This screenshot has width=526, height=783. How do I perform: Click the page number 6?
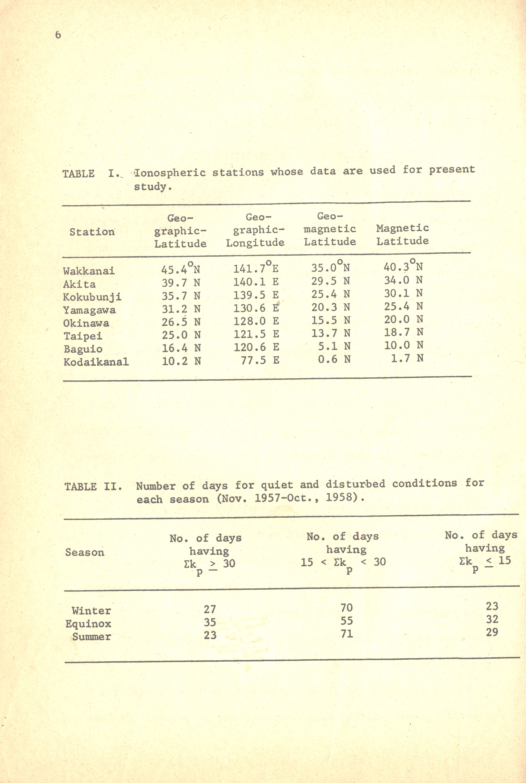[x=58, y=35]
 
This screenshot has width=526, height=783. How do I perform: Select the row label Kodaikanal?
[x=96, y=362]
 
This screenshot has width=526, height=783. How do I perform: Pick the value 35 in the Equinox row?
[x=210, y=622]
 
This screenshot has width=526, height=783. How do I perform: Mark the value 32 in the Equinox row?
[x=492, y=619]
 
